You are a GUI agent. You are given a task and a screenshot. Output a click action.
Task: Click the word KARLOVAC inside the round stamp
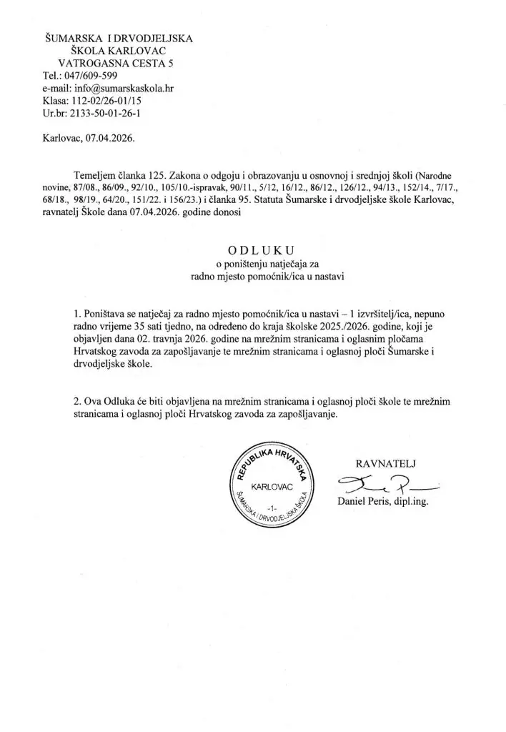tap(269, 487)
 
